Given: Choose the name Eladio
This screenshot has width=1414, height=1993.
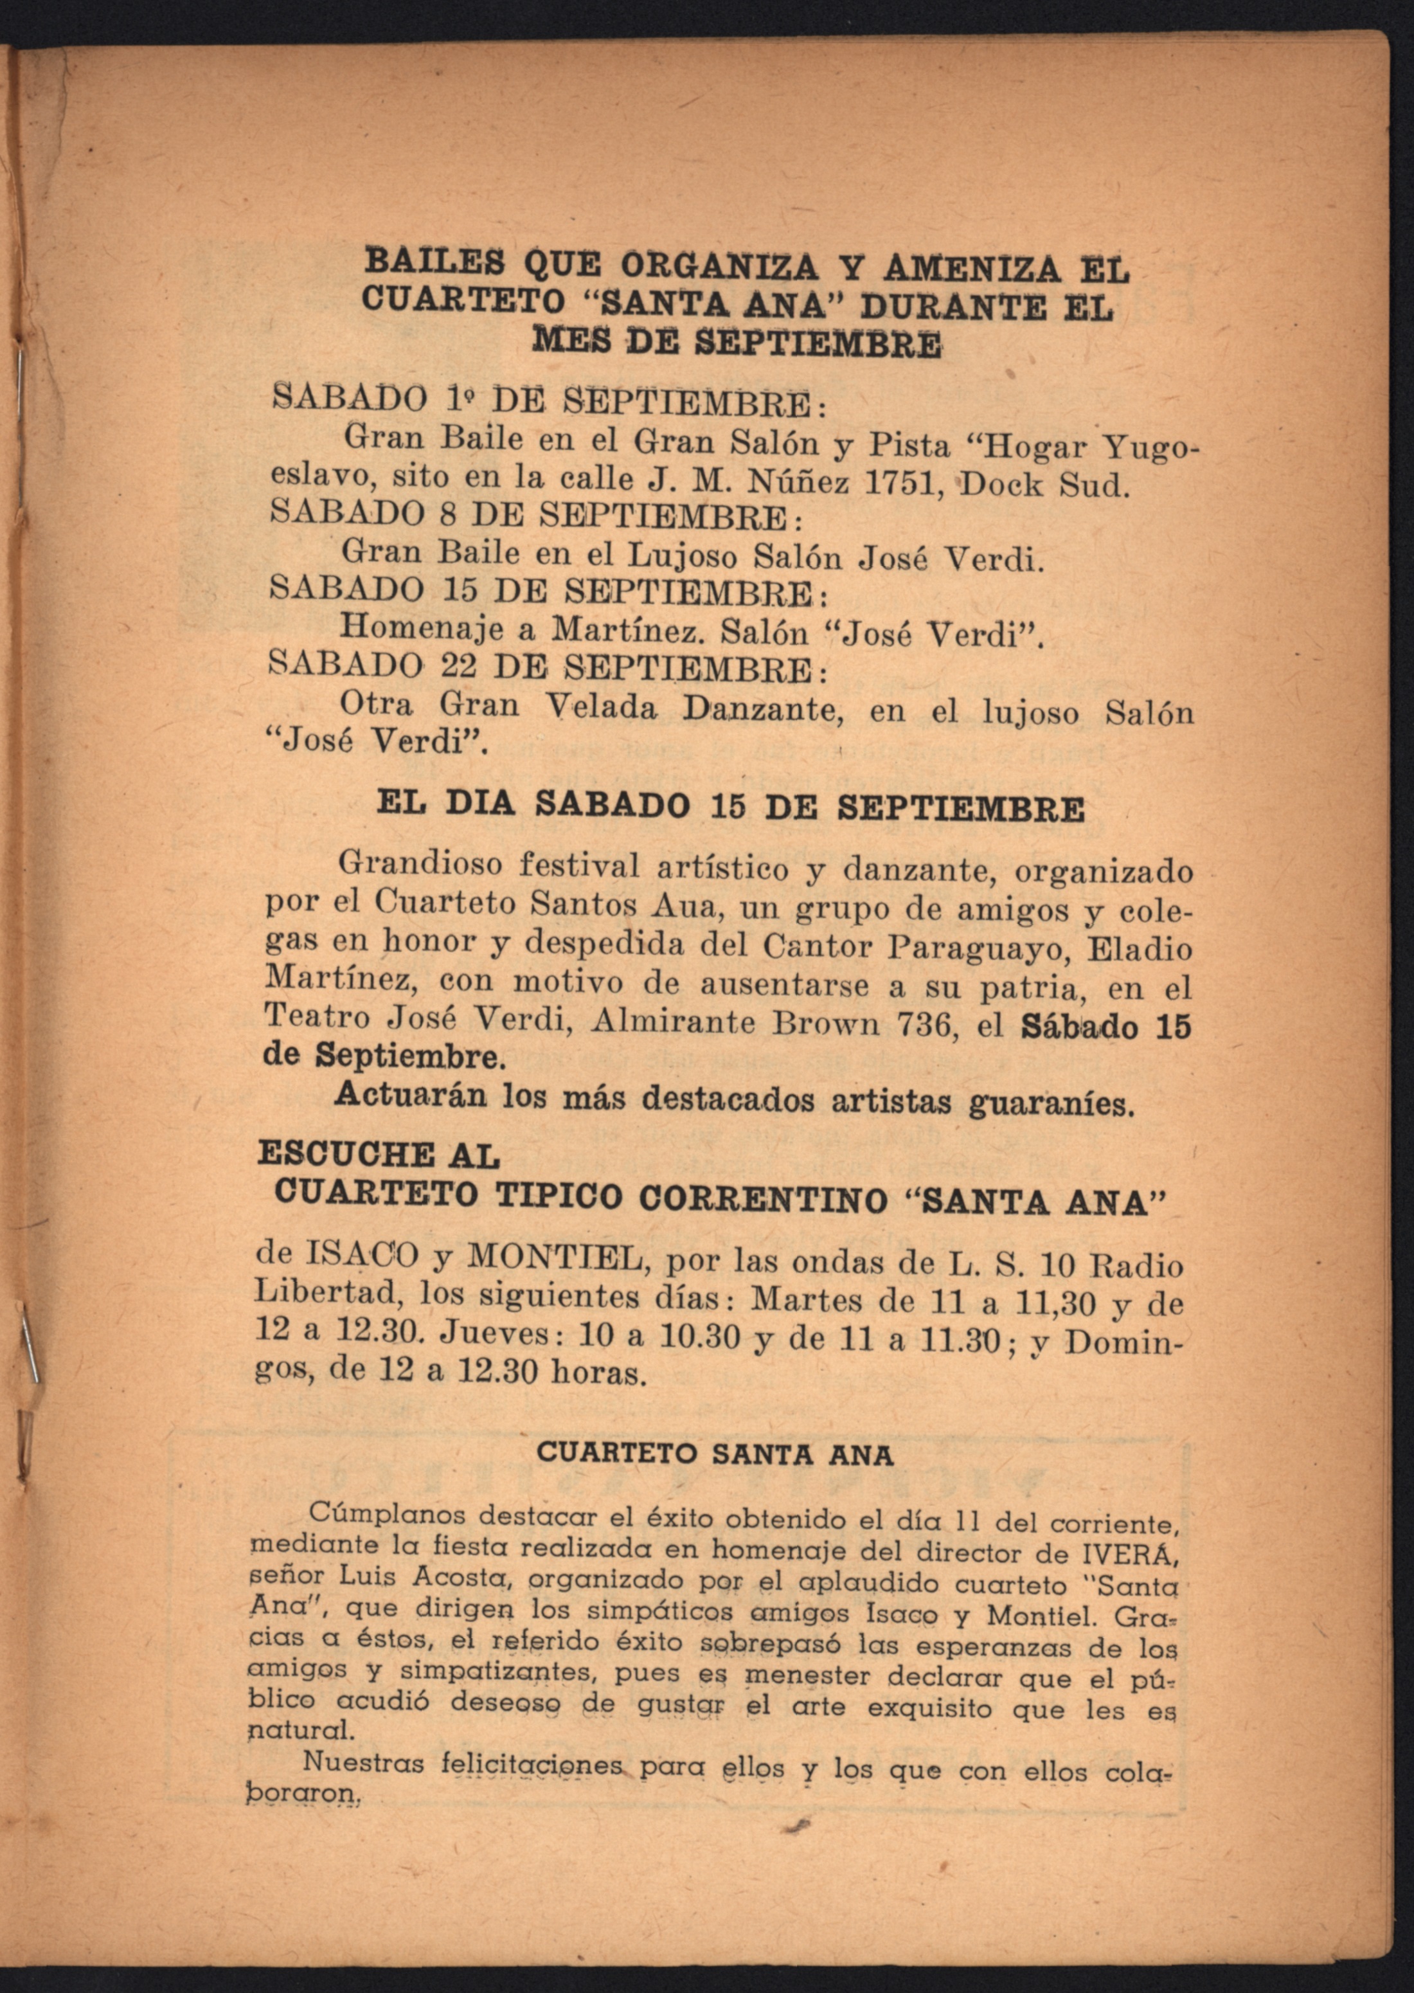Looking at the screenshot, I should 1141,948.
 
